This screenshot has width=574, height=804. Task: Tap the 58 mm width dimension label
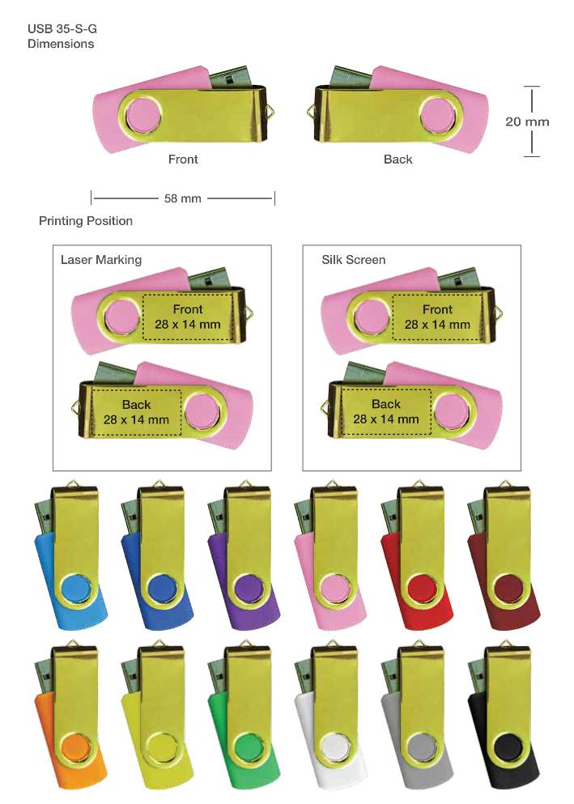coord(182,198)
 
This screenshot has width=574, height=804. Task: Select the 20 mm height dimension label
coord(527,121)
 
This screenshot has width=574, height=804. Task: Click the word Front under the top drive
coord(183,160)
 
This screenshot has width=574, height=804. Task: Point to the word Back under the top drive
coord(398,160)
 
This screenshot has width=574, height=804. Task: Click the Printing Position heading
coord(86,221)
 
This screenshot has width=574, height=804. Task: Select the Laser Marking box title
coord(101,260)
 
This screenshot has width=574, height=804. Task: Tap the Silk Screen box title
coord(354,260)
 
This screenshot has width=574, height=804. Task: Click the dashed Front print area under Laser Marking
coord(194,317)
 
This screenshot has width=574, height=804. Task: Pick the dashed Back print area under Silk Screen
coord(385,411)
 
